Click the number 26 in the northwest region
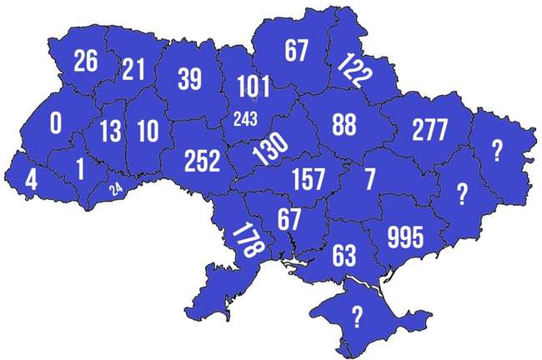tap(86, 61)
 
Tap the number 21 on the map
tap(133, 69)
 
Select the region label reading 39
tap(189, 79)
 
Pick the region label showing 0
tap(56, 124)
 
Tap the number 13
tap(110, 131)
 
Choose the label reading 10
tap(148, 131)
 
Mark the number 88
tap(344, 123)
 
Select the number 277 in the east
tap(430, 129)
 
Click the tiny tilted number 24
tap(116, 188)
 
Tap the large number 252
tap(203, 161)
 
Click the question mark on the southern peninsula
tap(358, 315)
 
